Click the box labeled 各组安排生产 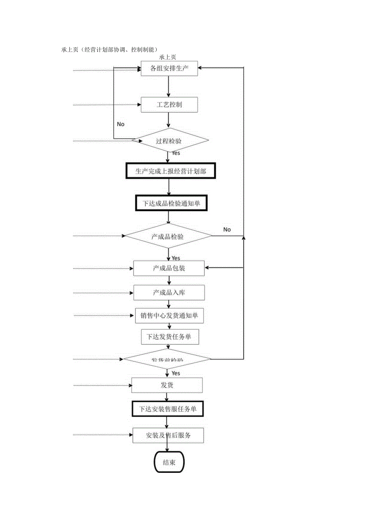pos(169,68)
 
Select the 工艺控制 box pos(169,105)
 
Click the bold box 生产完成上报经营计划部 pos(171,171)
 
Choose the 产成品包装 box pos(169,268)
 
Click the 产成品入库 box pos(169,293)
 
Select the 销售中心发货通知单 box pos(169,316)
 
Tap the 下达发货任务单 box pos(169,337)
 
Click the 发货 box pos(167,385)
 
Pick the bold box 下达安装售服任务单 pos(168,409)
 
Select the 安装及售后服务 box pos(168,435)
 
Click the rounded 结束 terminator pos(169,462)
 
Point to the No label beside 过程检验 pos(121,124)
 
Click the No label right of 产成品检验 pos(227,229)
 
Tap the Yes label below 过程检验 pos(176,153)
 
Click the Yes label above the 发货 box pos(175,373)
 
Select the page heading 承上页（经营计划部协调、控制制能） pos(110,49)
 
